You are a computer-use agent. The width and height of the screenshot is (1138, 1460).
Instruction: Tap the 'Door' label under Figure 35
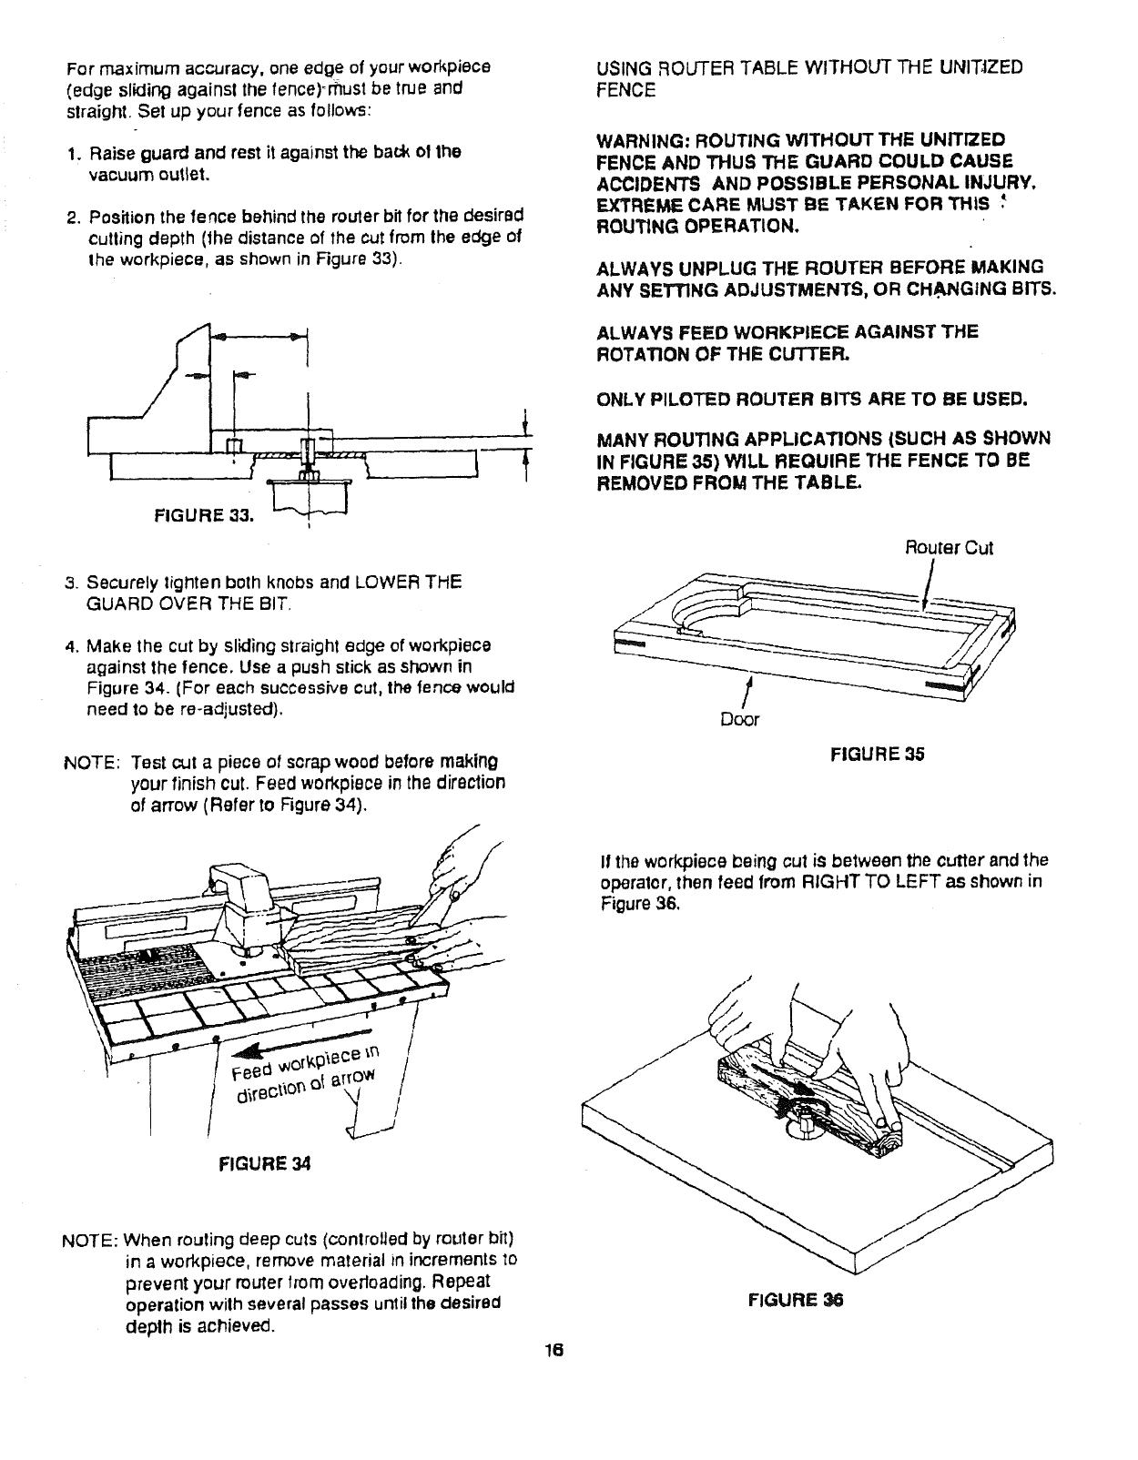(739, 720)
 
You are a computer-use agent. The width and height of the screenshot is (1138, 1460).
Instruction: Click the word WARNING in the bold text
(643, 140)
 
